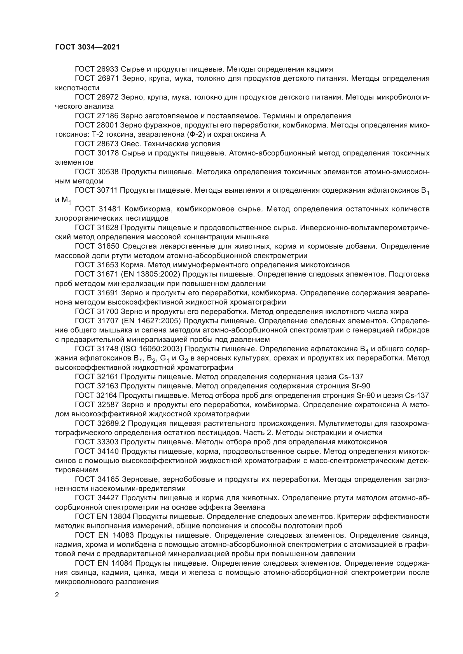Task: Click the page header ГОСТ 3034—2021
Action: point(87,47)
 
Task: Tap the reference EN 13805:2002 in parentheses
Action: point(151,275)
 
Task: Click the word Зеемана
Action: point(249,507)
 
